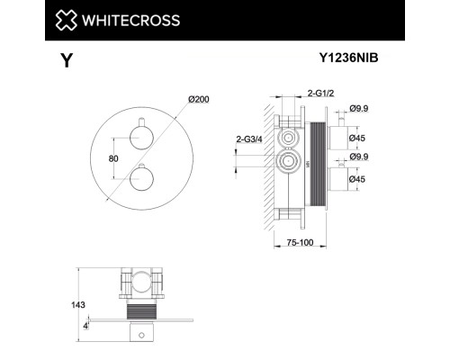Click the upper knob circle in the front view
tap(141, 137)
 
